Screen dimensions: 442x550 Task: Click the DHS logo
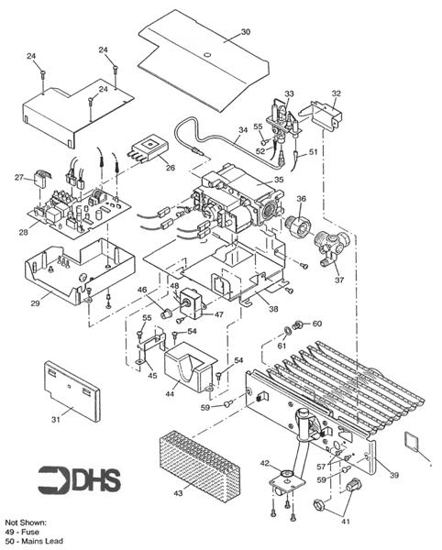point(79,479)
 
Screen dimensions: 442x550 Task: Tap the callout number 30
point(246,32)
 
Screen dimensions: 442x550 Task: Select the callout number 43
point(178,493)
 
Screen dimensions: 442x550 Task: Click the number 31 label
point(56,419)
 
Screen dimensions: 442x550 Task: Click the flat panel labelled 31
point(72,390)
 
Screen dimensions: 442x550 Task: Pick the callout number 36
point(302,199)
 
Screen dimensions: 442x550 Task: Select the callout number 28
point(24,232)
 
